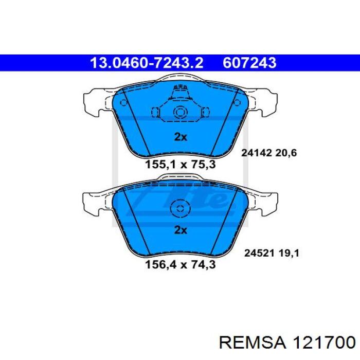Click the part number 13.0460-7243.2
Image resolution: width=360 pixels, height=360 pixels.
coord(147,63)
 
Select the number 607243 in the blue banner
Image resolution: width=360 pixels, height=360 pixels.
coord(249,63)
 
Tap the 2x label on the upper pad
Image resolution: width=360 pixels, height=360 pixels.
coord(181,137)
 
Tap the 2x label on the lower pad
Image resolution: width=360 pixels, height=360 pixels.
coord(181,230)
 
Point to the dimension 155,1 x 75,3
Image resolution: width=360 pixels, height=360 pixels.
coord(181,165)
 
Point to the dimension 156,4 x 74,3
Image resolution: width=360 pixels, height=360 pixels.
coord(181,265)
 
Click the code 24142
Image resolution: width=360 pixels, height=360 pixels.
coord(257,153)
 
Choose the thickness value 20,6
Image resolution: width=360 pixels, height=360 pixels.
coord(286,153)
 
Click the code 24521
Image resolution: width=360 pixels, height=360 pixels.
coord(259,253)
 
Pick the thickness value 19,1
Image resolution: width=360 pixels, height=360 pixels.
coord(289,254)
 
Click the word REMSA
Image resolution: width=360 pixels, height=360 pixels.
coord(253,343)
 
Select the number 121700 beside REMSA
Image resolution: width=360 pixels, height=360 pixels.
coord(323,343)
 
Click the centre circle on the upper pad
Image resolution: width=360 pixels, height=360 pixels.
coord(181,112)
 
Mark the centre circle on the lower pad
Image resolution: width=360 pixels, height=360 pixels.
coord(181,209)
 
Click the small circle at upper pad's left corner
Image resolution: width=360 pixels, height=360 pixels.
coord(124,102)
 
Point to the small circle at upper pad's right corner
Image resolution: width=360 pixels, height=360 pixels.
coord(237,102)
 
